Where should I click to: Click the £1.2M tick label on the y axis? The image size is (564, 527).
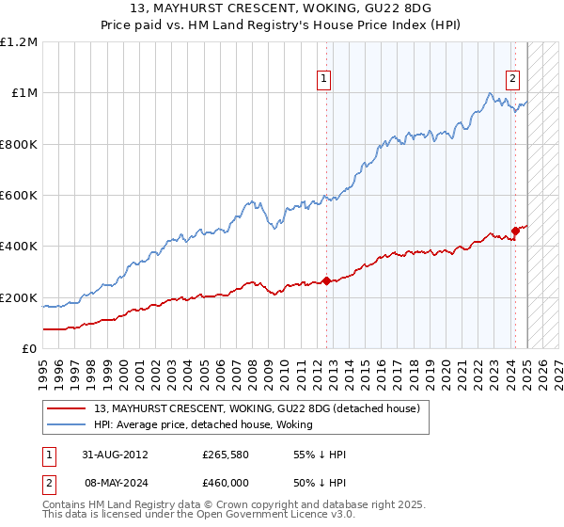coord(19,41)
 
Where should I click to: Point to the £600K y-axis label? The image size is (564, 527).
coord(19,195)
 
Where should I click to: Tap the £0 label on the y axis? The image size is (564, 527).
coord(29,348)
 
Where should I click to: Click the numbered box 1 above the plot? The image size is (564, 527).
coord(324,80)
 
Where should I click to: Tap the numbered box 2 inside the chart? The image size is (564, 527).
coord(513,80)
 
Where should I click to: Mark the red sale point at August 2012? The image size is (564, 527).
coord(326,280)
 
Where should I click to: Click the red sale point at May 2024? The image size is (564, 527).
coord(515,231)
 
